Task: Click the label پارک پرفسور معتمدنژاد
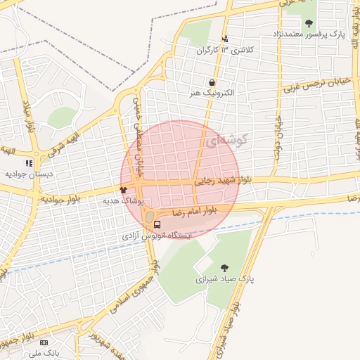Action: (309, 34)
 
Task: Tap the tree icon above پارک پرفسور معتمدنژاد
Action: (309, 23)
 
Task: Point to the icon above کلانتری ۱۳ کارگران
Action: (225, 39)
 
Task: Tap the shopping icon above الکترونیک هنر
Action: (212, 82)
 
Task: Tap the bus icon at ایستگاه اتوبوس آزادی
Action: (157, 226)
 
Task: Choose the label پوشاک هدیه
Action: (123, 200)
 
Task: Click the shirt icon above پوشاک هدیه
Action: (123, 189)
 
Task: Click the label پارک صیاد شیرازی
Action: (224, 279)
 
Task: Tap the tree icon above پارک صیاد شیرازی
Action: (224, 267)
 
